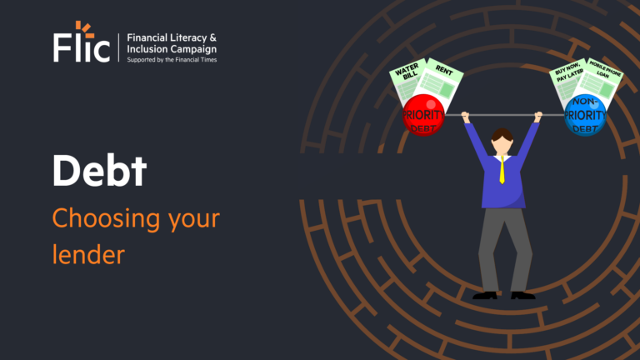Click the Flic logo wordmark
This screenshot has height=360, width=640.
(x=81, y=47)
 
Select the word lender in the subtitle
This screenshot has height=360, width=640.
(x=87, y=253)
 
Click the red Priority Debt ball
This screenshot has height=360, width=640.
(x=423, y=115)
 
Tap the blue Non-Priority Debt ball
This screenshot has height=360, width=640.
(x=584, y=116)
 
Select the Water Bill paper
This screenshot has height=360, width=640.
(x=408, y=81)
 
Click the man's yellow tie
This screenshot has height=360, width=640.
(x=502, y=170)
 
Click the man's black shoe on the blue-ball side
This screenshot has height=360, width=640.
(x=522, y=294)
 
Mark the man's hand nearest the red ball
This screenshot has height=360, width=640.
(x=466, y=117)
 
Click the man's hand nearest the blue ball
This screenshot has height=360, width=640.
(x=537, y=117)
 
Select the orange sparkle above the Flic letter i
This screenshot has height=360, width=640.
(x=80, y=27)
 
